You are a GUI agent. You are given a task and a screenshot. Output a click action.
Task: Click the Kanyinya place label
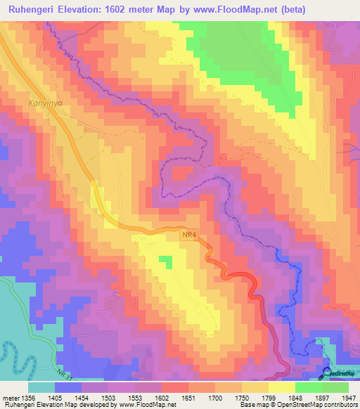pyautogui.click(x=45, y=103)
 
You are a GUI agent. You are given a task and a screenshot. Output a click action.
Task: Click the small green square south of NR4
pyautogui.click(x=165, y=262)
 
